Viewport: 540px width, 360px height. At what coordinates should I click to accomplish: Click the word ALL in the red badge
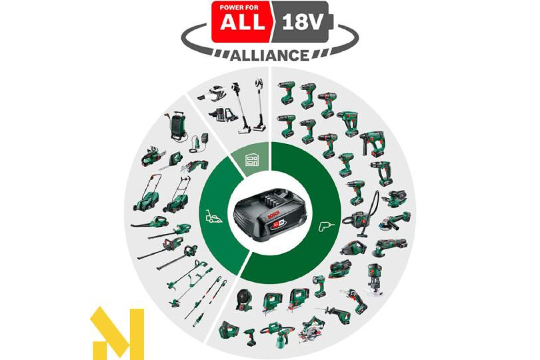(x=243, y=22)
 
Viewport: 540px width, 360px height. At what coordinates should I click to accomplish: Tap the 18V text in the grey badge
(x=302, y=22)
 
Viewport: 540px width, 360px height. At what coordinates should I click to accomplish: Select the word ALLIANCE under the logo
(x=270, y=55)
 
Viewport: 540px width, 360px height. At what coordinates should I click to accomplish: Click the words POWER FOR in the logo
(x=239, y=8)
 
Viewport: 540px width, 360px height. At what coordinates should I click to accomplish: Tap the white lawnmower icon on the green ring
(x=214, y=216)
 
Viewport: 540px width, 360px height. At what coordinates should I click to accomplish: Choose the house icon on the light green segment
(x=252, y=159)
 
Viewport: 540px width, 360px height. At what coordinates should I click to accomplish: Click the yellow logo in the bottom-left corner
(x=117, y=334)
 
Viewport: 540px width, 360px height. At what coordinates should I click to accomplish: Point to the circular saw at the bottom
(x=311, y=329)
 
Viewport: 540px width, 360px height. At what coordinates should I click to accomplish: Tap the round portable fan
(x=243, y=300)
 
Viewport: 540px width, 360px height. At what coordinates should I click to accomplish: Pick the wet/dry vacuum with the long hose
(x=360, y=214)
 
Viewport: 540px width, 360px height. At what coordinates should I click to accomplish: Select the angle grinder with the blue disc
(x=395, y=220)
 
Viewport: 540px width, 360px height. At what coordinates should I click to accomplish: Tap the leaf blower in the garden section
(x=150, y=222)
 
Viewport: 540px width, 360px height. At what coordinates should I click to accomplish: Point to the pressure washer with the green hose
(x=177, y=126)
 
